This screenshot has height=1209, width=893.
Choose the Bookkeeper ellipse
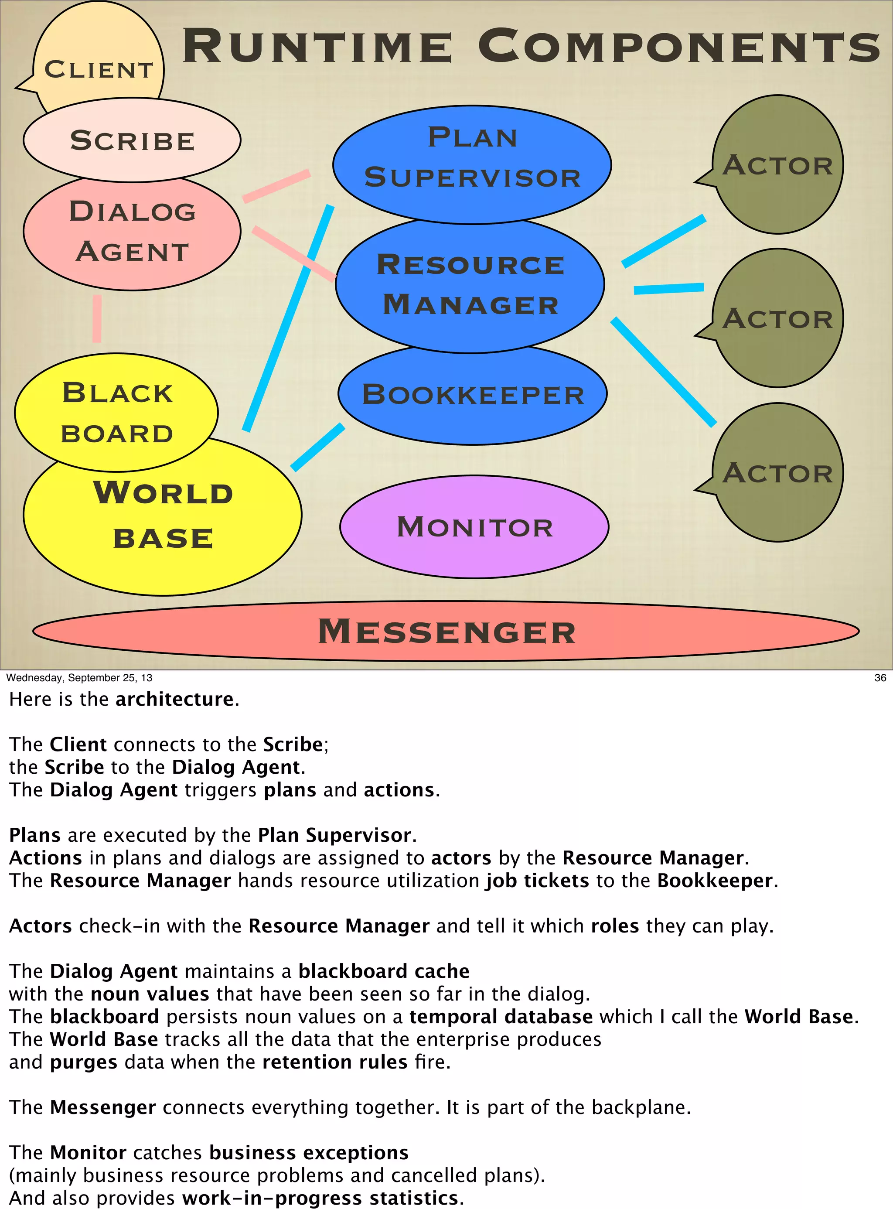[473, 395]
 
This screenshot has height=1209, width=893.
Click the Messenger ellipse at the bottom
[446, 631]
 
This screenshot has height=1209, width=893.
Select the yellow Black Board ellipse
[116, 412]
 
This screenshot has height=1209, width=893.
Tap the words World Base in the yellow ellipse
[163, 515]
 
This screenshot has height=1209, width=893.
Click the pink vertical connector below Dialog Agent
[97, 318]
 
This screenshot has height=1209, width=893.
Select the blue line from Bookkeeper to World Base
[318, 447]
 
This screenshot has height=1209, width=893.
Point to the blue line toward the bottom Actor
[664, 372]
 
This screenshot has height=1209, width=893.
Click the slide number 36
[880, 677]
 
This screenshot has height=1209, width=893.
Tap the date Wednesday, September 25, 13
[79, 677]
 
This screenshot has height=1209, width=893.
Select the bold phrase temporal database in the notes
[501, 1017]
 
